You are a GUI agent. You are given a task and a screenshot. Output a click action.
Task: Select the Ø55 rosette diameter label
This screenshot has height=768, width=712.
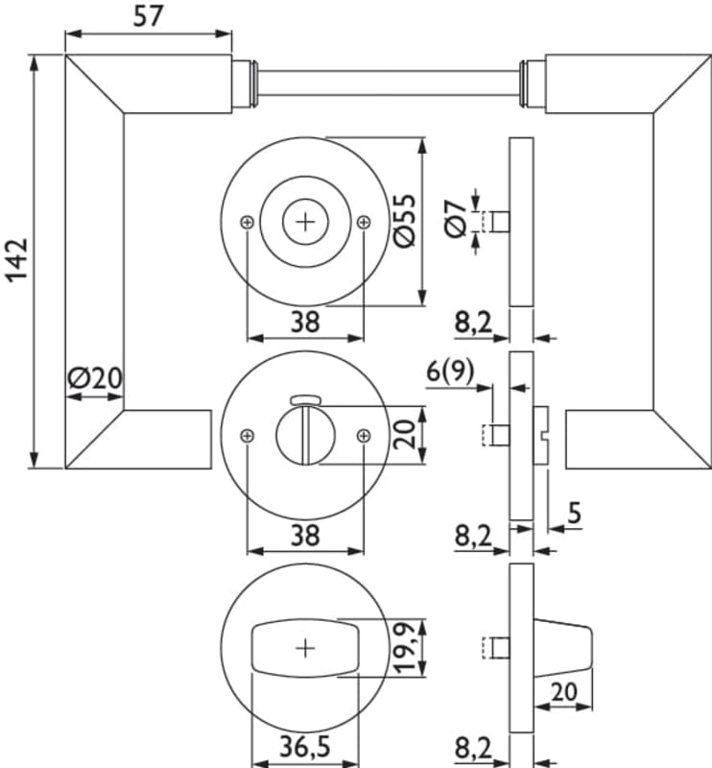point(404,222)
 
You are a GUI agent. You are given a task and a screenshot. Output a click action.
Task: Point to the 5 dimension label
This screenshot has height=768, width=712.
point(574,514)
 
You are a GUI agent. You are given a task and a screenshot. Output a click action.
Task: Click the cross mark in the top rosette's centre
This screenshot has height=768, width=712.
point(305,222)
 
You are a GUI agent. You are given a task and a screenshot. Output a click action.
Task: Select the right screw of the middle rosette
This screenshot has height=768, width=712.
point(363,436)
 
